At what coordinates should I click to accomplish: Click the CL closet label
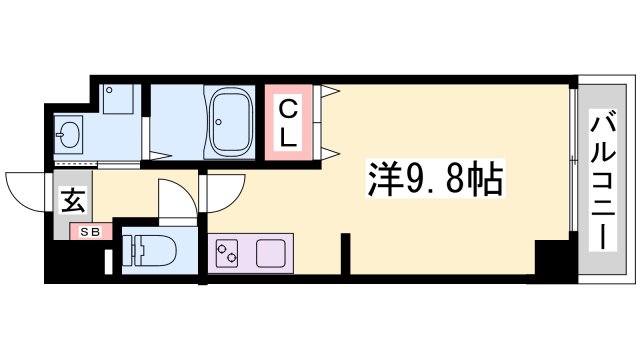click(x=287, y=123)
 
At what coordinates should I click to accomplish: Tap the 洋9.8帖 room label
click(x=431, y=181)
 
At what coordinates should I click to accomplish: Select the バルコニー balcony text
click(x=603, y=180)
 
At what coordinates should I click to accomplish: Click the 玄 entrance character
click(x=74, y=200)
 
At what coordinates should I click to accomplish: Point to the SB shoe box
click(x=83, y=233)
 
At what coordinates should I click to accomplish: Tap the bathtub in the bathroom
click(x=232, y=122)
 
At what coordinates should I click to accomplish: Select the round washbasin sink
click(x=69, y=132)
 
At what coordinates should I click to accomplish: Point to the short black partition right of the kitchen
click(x=344, y=251)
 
